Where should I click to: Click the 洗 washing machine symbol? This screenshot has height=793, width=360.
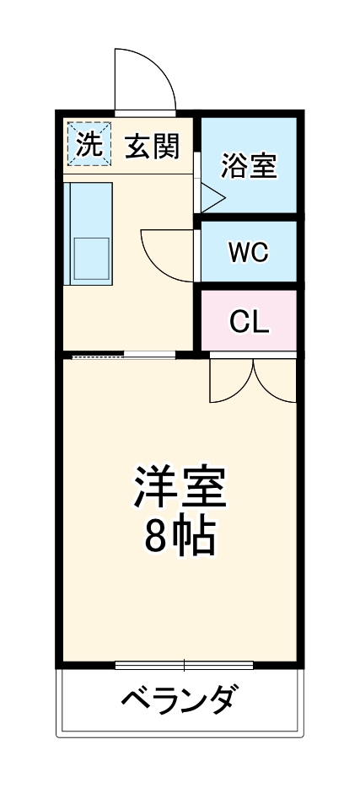[x=87, y=145]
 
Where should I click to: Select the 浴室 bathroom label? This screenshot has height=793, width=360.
[x=248, y=165]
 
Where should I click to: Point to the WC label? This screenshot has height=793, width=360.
[x=249, y=252]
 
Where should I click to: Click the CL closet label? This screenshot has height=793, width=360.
[x=249, y=320]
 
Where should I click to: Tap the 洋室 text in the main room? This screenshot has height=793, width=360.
[x=179, y=486]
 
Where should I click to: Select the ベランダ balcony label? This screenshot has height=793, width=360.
[x=179, y=699]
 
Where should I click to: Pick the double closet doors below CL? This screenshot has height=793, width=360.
[x=253, y=379]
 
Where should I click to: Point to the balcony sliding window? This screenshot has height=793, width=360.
[x=183, y=665]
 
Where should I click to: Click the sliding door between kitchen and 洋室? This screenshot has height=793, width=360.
[x=124, y=355]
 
